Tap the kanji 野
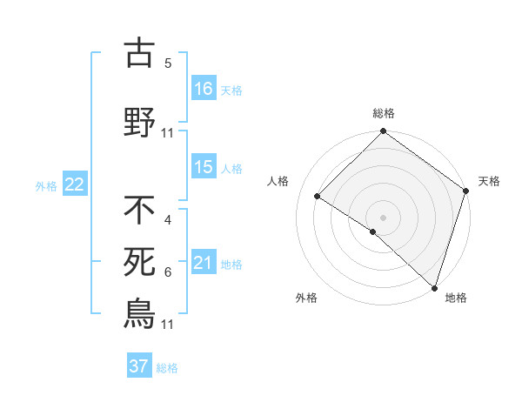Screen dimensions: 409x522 click(139, 122)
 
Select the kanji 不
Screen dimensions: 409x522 click(139, 210)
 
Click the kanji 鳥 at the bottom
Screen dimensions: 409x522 click(139, 313)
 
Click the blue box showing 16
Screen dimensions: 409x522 click(204, 89)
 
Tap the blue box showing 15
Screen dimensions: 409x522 click(204, 167)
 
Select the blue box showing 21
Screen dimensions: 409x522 click(204, 263)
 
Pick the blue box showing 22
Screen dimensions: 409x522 click(75, 184)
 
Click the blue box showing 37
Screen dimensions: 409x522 click(139, 366)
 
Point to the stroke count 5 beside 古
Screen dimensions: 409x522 click(168, 64)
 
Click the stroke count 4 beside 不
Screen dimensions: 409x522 click(168, 220)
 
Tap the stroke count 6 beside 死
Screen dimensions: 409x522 click(168, 272)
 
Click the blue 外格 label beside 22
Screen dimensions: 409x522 click(46, 185)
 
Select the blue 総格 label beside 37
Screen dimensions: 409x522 click(167, 367)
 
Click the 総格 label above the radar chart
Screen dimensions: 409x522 click(383, 113)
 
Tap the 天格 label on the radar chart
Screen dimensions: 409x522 click(489, 181)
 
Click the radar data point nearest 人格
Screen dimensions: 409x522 click(318, 197)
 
